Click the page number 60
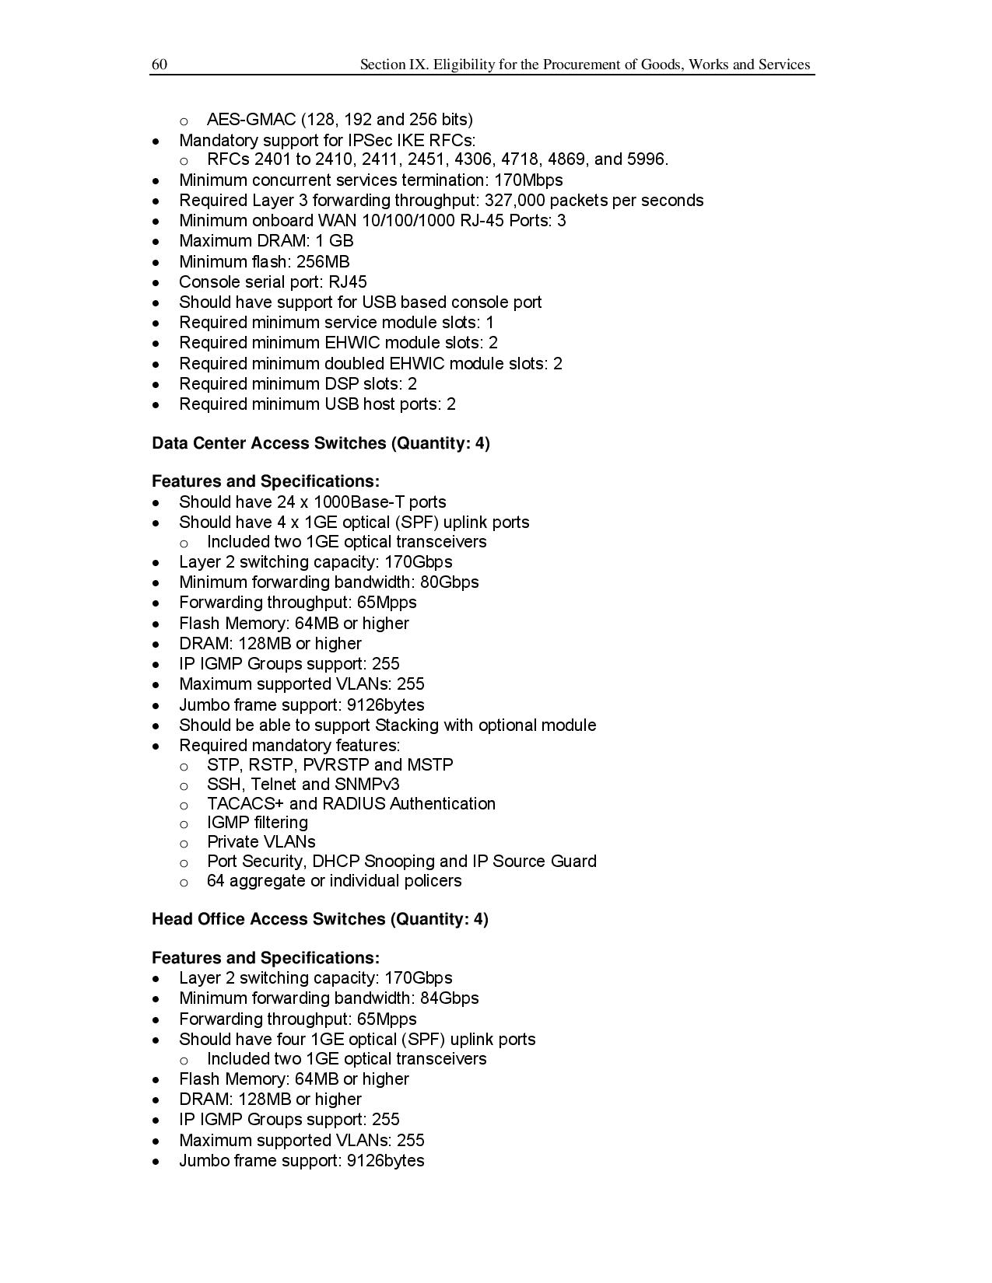pyautogui.click(x=159, y=65)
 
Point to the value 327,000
pyautogui.click(x=514, y=201)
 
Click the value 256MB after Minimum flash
pyautogui.click(x=323, y=262)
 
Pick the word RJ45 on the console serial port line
pyautogui.click(x=348, y=282)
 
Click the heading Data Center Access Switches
pyautogui.click(x=269, y=443)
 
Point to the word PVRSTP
pyautogui.click(x=335, y=765)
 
